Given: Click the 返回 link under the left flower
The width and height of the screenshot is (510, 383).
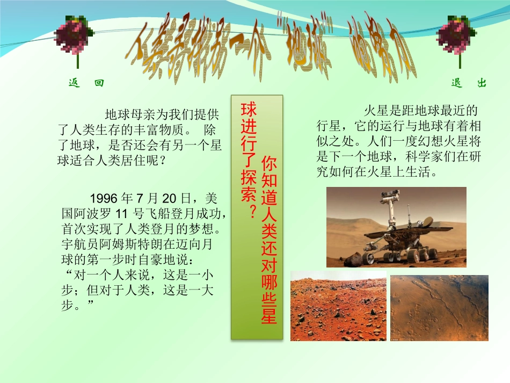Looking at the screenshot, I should (86, 83).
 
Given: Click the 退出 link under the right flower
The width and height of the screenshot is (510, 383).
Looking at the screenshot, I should (469, 83).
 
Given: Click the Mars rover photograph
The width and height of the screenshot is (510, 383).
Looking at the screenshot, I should (396, 227).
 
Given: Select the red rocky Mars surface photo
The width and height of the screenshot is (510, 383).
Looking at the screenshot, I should (338, 306).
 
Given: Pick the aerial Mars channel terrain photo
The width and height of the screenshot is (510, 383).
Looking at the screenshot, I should (439, 308).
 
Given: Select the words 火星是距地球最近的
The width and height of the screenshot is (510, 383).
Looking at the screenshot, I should (420, 112).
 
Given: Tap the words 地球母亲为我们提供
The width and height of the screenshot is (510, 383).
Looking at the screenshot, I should (162, 114).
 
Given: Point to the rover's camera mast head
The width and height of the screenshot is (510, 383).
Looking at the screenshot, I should (387, 199).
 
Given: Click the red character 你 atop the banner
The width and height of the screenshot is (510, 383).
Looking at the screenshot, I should (269, 164).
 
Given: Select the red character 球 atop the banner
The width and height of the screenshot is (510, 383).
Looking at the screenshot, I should (249, 109).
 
